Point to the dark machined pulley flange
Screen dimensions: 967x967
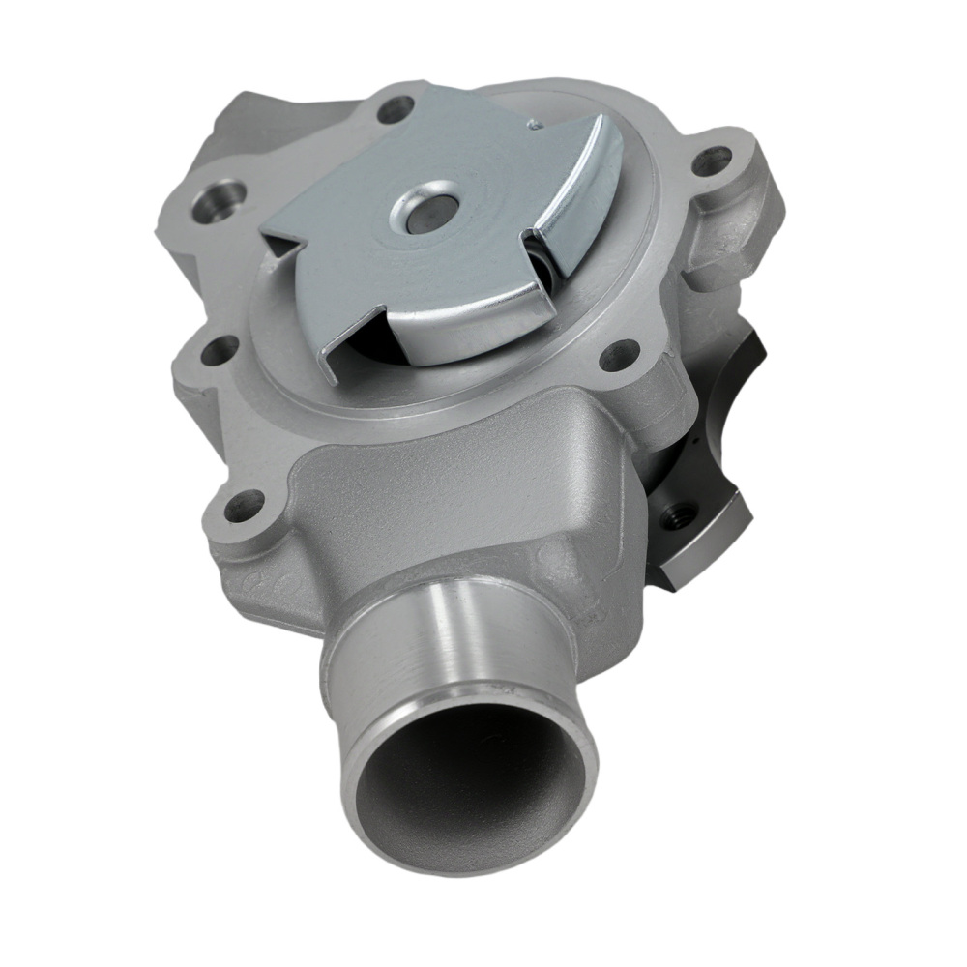click(706, 454)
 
